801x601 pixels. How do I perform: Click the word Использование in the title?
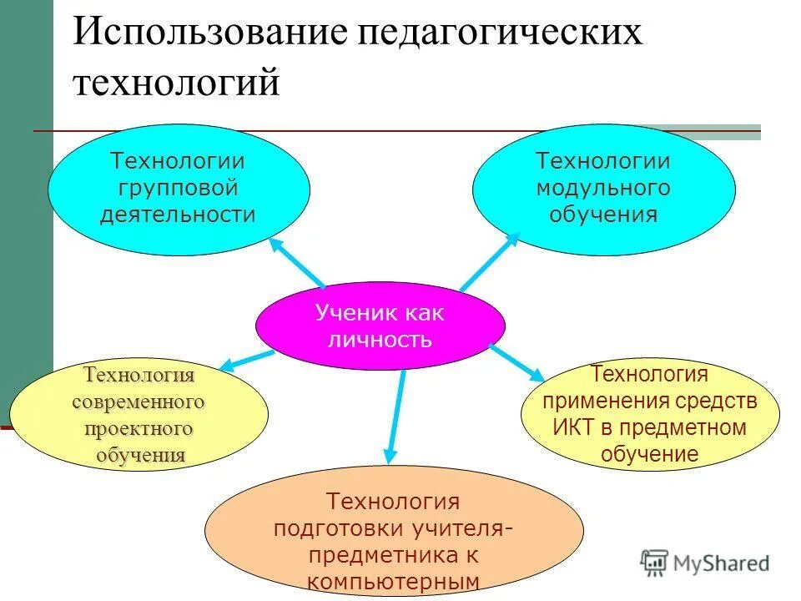click(x=209, y=34)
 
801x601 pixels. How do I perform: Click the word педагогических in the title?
click(x=501, y=34)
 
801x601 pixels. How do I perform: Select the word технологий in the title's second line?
click(x=176, y=84)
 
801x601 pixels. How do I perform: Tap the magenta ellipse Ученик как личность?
click(x=380, y=326)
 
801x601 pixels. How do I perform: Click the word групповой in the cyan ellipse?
click(x=178, y=187)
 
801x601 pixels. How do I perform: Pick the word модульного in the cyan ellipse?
click(x=602, y=187)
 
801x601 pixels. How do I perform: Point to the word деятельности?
click(x=178, y=214)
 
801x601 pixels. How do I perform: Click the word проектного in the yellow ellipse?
click(x=139, y=429)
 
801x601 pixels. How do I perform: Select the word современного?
click(x=139, y=402)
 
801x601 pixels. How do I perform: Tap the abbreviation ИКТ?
click(x=574, y=428)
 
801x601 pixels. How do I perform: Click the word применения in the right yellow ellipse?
click(x=597, y=402)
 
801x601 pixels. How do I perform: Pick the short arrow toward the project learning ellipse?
click(x=246, y=360)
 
